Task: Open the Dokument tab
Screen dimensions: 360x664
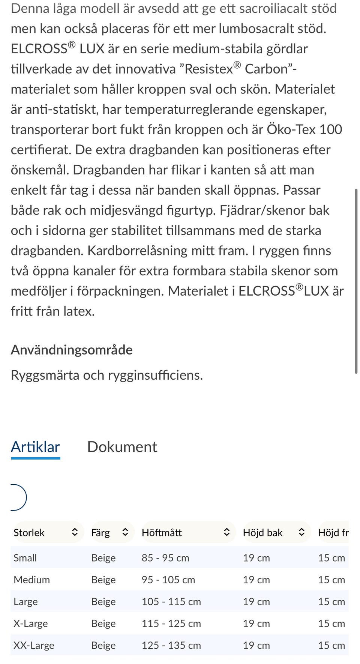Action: click(x=122, y=447)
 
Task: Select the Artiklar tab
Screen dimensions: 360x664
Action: click(x=35, y=447)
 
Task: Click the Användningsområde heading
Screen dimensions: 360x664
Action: click(x=72, y=350)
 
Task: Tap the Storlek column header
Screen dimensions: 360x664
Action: click(x=29, y=532)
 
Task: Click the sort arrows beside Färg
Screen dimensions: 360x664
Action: click(x=125, y=532)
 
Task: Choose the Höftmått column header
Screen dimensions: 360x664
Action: click(x=162, y=532)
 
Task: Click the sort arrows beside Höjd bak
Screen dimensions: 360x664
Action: click(x=301, y=532)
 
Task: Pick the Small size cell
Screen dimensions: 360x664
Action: click(x=25, y=558)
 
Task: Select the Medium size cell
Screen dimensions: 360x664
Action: click(x=32, y=580)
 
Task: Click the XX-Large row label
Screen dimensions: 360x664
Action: click(x=34, y=645)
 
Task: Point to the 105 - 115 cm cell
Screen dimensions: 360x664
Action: click(x=171, y=601)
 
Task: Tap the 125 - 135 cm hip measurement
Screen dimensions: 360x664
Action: click(x=171, y=645)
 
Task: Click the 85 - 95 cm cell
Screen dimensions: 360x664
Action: click(x=165, y=558)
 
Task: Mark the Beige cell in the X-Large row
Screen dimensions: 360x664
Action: click(x=103, y=623)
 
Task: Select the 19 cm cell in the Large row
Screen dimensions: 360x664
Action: click(x=256, y=601)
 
